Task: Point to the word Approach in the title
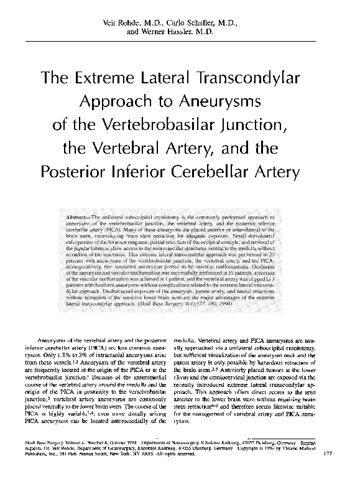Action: click(x=126, y=101)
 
